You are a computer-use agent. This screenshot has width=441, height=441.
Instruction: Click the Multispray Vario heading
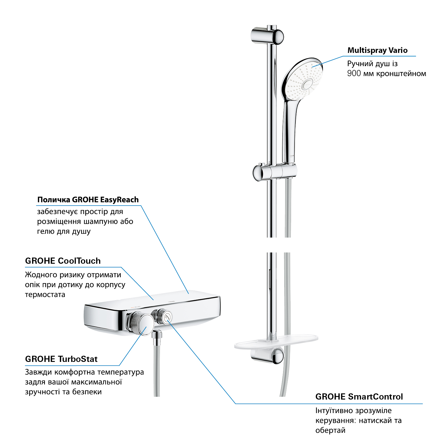(377, 50)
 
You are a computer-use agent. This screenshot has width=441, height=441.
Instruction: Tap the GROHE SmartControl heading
(359, 397)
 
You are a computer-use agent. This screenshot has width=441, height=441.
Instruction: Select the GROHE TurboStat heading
(61, 359)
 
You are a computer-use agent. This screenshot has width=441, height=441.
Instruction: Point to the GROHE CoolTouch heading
(63, 261)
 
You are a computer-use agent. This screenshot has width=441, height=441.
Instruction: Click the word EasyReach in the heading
(119, 200)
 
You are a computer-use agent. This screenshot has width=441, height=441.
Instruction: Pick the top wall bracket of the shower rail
(267, 36)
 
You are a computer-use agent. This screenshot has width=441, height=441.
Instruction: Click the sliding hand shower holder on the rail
(275, 172)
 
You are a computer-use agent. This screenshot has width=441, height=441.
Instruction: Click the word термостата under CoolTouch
(45, 295)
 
